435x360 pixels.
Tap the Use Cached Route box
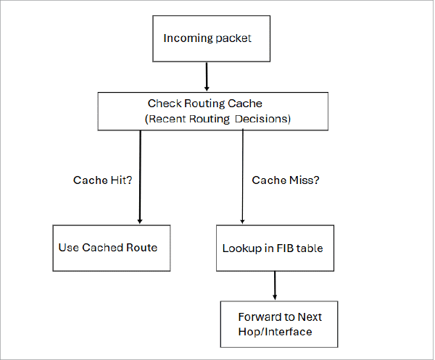coord(112,248)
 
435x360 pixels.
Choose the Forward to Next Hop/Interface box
coord(279,324)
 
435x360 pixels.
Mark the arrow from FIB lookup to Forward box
coord(275,286)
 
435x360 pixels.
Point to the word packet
coord(233,38)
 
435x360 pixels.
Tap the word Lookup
coord(242,248)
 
